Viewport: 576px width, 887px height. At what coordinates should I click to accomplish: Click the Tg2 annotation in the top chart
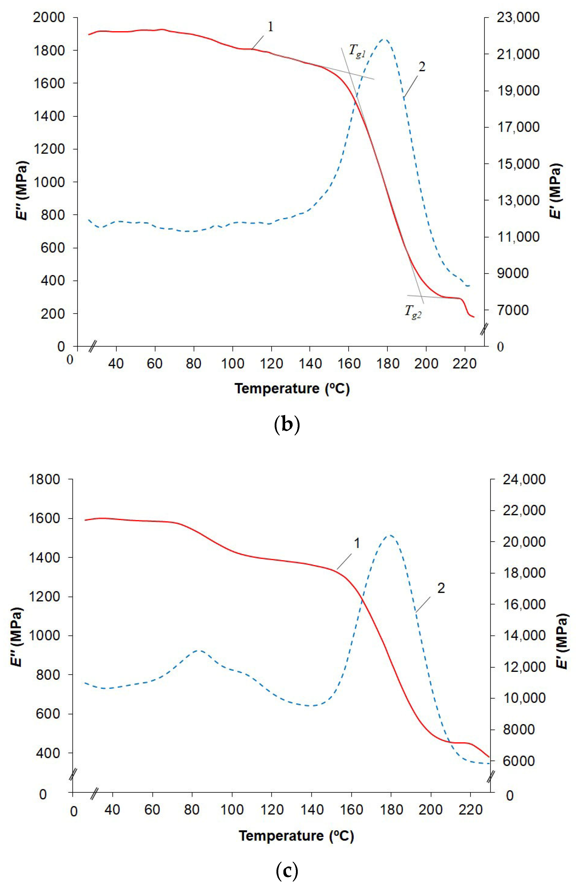[413, 311]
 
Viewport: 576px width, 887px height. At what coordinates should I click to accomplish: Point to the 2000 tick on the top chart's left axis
[49, 17]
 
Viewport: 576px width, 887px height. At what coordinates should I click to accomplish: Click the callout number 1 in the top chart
[271, 27]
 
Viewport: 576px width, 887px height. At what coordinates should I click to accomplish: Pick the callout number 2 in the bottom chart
[441, 588]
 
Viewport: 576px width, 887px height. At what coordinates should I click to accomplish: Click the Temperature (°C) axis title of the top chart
[292, 389]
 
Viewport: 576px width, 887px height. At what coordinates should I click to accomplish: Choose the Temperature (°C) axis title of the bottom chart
[296, 836]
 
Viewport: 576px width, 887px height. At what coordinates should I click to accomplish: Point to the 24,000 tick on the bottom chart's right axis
[524, 479]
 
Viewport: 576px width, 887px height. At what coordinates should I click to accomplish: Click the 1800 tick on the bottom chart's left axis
[45, 479]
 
